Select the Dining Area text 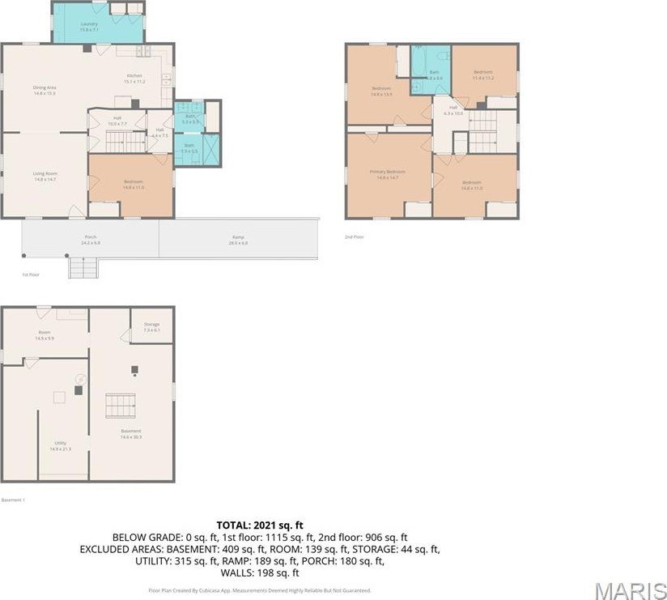point(44,90)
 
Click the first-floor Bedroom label point(133,184)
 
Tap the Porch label point(91,240)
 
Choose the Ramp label point(238,240)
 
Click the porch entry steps point(83,267)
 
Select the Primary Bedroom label point(387,173)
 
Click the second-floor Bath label point(434,74)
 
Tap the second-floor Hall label point(453,110)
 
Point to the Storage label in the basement point(151,326)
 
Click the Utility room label point(60,445)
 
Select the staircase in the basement point(120,404)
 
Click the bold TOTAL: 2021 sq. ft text point(259,525)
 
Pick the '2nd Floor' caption point(354,236)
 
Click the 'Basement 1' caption point(14,500)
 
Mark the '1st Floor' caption point(31,275)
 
